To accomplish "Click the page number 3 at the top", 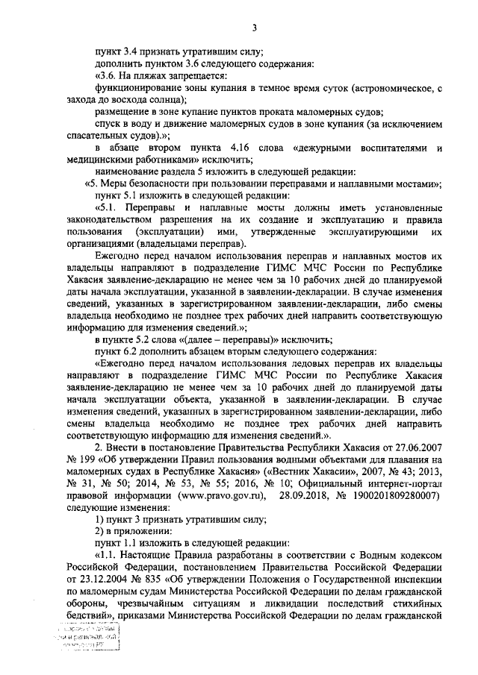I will pyautogui.click(x=254, y=28).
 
